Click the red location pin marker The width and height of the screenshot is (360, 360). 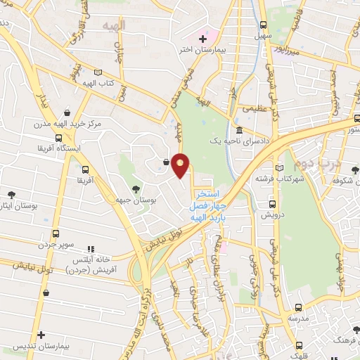[x=181, y=167]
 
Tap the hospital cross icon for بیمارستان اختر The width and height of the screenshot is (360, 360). [x=203, y=37]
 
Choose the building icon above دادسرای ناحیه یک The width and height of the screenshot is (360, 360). [x=239, y=131]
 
